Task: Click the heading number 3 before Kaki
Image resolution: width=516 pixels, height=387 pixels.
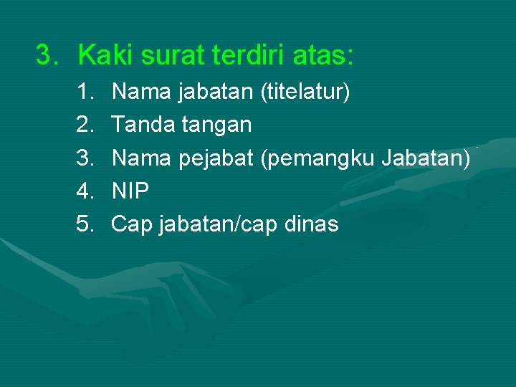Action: (x=47, y=54)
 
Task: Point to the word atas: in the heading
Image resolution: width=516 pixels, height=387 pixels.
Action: (x=327, y=54)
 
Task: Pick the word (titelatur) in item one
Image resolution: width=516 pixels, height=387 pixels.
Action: (x=305, y=92)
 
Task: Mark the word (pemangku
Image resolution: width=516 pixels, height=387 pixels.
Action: (x=318, y=158)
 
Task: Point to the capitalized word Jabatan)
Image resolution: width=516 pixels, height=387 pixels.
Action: (x=426, y=158)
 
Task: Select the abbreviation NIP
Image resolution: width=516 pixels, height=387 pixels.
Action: (x=130, y=191)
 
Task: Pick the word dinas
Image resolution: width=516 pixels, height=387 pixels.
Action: (x=311, y=224)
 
